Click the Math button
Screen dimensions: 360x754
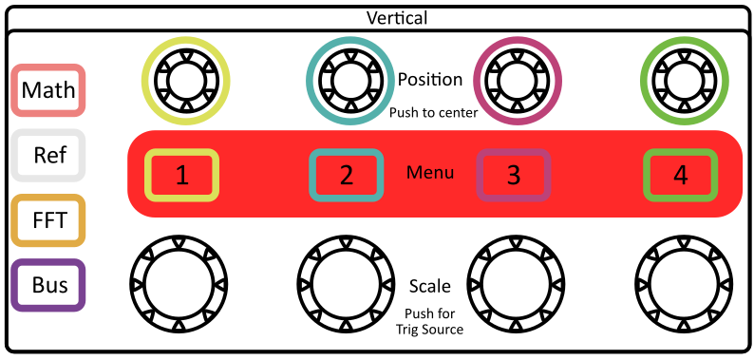pyautogui.click(x=49, y=91)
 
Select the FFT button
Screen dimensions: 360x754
pyautogui.click(x=49, y=220)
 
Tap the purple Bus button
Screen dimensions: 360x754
pyautogui.click(x=49, y=285)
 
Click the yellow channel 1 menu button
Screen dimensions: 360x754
pyautogui.click(x=182, y=175)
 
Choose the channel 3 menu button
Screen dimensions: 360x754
pyautogui.click(x=513, y=175)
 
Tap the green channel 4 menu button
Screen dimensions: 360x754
pyautogui.click(x=680, y=175)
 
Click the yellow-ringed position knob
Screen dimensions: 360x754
pyautogui.click(x=185, y=79)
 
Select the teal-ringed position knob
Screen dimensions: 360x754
pyautogui.click(x=349, y=79)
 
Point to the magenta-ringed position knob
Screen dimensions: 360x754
pyautogui.click(x=517, y=79)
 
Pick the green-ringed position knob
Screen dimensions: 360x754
pyautogui.click(x=683, y=79)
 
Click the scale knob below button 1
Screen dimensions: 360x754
pyautogui.click(x=180, y=283)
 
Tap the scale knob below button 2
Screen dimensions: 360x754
pyautogui.click(x=347, y=283)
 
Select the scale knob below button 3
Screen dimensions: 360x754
pyautogui.click(x=514, y=283)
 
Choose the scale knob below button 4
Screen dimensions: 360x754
pyautogui.click(x=681, y=283)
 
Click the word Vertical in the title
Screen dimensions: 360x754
pyautogui.click(x=397, y=17)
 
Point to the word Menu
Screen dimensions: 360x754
pyautogui.click(x=430, y=173)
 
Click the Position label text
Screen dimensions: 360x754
pyautogui.click(x=430, y=80)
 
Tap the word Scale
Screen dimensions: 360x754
pyautogui.click(x=429, y=286)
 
